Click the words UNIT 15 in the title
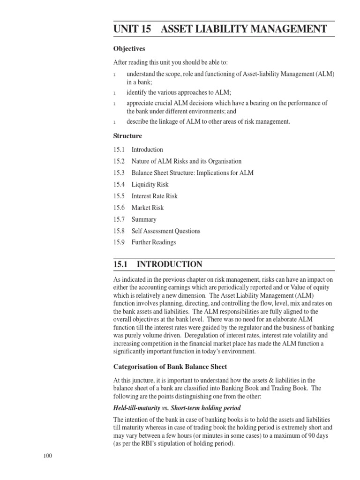coord(132,29)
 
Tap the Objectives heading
coord(129,49)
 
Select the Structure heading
coord(127,136)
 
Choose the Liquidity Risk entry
coord(150,185)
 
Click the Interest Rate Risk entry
coord(154,196)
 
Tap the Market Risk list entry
coord(148,208)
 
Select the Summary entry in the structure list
coord(144,219)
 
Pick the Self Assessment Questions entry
coord(165,231)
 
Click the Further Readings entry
coord(154,242)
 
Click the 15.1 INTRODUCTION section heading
coord(158,264)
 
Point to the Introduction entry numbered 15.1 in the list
coord(147,150)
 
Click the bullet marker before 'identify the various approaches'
coord(115,93)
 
